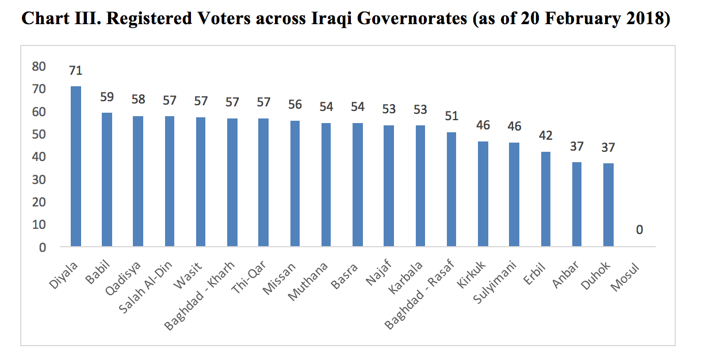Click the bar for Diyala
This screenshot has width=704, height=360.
click(x=76, y=167)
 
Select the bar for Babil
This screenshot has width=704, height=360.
click(x=107, y=180)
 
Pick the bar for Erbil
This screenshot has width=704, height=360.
click(x=545, y=199)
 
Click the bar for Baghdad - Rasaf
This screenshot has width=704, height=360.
click(x=451, y=189)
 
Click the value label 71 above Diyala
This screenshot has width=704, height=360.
click(x=76, y=71)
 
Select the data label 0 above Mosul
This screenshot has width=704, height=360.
click(x=639, y=230)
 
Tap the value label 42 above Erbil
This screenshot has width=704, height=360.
click(x=545, y=136)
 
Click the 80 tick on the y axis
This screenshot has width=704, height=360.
click(x=39, y=67)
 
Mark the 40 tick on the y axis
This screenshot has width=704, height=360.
click(x=39, y=157)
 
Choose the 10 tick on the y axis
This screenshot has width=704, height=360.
click(x=39, y=225)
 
